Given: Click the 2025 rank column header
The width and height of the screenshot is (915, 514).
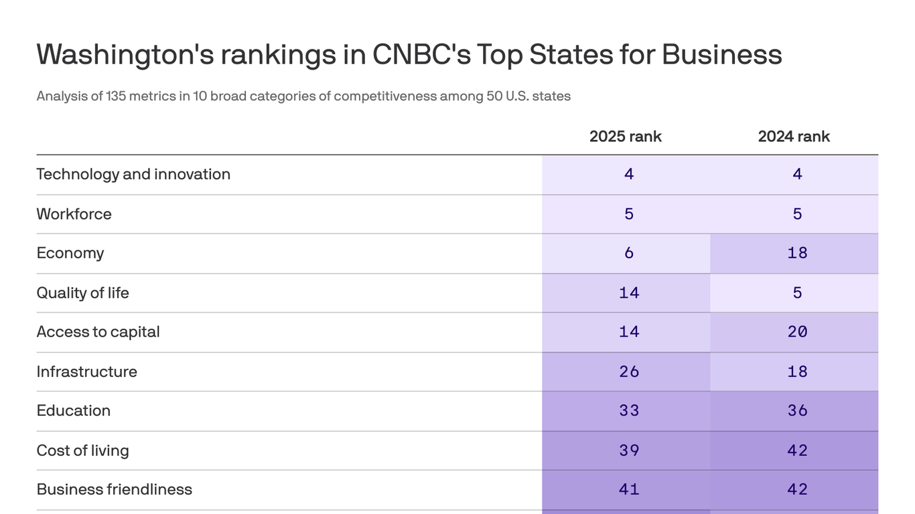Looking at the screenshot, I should click(x=625, y=137).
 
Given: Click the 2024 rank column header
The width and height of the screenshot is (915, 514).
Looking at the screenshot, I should click(x=794, y=137).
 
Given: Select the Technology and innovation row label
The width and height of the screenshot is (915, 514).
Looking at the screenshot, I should click(x=133, y=174).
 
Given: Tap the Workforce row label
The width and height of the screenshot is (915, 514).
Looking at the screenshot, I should click(x=74, y=214).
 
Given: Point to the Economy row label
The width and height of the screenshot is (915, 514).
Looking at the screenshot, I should click(x=70, y=253).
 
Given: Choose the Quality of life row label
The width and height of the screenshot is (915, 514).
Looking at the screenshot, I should click(x=82, y=292).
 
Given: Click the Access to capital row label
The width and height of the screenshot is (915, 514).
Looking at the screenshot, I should click(x=98, y=332).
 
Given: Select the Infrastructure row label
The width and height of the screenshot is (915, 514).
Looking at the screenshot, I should click(x=86, y=371).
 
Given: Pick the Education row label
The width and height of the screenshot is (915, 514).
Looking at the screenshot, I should click(x=73, y=410).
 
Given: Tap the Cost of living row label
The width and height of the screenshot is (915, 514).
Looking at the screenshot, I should click(x=82, y=450).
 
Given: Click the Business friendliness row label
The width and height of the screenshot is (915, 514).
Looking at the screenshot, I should click(x=114, y=489).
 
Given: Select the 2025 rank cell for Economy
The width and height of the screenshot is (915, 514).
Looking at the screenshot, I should click(x=628, y=253).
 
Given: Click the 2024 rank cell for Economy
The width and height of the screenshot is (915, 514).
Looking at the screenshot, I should click(x=797, y=253).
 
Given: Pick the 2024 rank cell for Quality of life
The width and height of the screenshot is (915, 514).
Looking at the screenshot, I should click(x=797, y=292).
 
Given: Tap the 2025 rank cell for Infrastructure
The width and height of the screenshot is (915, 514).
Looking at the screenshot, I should click(x=628, y=371).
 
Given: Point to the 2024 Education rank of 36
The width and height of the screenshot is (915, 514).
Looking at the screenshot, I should click(x=797, y=410).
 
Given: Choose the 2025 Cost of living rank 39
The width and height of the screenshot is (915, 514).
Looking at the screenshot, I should click(x=628, y=450).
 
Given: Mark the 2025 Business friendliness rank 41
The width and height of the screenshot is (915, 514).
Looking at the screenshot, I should click(x=628, y=489).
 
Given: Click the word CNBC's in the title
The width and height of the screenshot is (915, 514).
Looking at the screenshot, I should click(x=421, y=54).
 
